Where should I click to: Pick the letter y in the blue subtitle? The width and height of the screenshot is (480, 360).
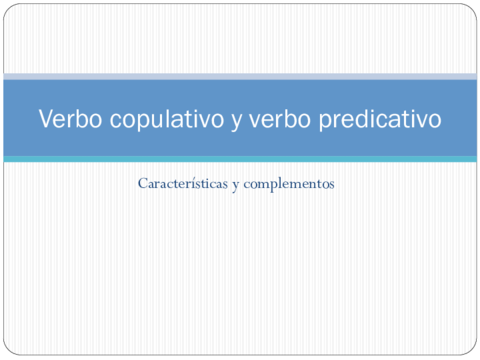pyautogui.click(x=235, y=187)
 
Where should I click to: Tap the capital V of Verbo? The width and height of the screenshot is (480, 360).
pyautogui.click(x=46, y=119)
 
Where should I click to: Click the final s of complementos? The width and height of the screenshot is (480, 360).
pyautogui.click(x=331, y=186)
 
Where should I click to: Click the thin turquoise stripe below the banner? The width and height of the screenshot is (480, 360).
pyautogui.click(x=240, y=158)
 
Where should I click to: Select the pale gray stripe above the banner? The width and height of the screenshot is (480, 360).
pyautogui.click(x=240, y=77)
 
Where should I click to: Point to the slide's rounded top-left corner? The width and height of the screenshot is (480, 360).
pyautogui.click(x=9, y=9)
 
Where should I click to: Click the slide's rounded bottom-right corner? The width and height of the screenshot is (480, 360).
pyautogui.click(x=471, y=351)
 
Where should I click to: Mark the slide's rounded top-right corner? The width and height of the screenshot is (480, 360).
pyautogui.click(x=471, y=9)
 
